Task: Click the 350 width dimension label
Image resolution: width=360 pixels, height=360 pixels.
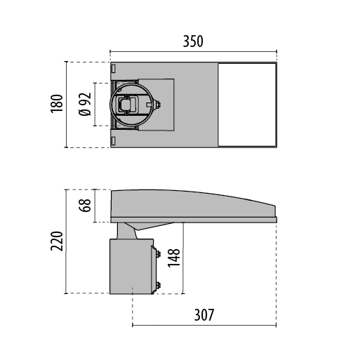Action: [x=193, y=41]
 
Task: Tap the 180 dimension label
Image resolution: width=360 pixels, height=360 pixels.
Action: [x=57, y=104]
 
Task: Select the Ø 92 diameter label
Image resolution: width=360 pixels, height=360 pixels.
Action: [x=85, y=104]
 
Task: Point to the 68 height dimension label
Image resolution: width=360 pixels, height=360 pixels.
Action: [x=85, y=206]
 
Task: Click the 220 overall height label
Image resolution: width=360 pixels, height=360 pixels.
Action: [x=57, y=241]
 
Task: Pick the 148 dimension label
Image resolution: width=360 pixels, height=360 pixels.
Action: [x=174, y=258]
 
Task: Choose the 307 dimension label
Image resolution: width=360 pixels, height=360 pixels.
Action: [x=204, y=315]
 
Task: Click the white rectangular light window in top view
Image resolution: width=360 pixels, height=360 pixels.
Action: [x=247, y=105]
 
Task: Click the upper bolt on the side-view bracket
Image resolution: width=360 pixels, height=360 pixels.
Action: [x=157, y=254]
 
